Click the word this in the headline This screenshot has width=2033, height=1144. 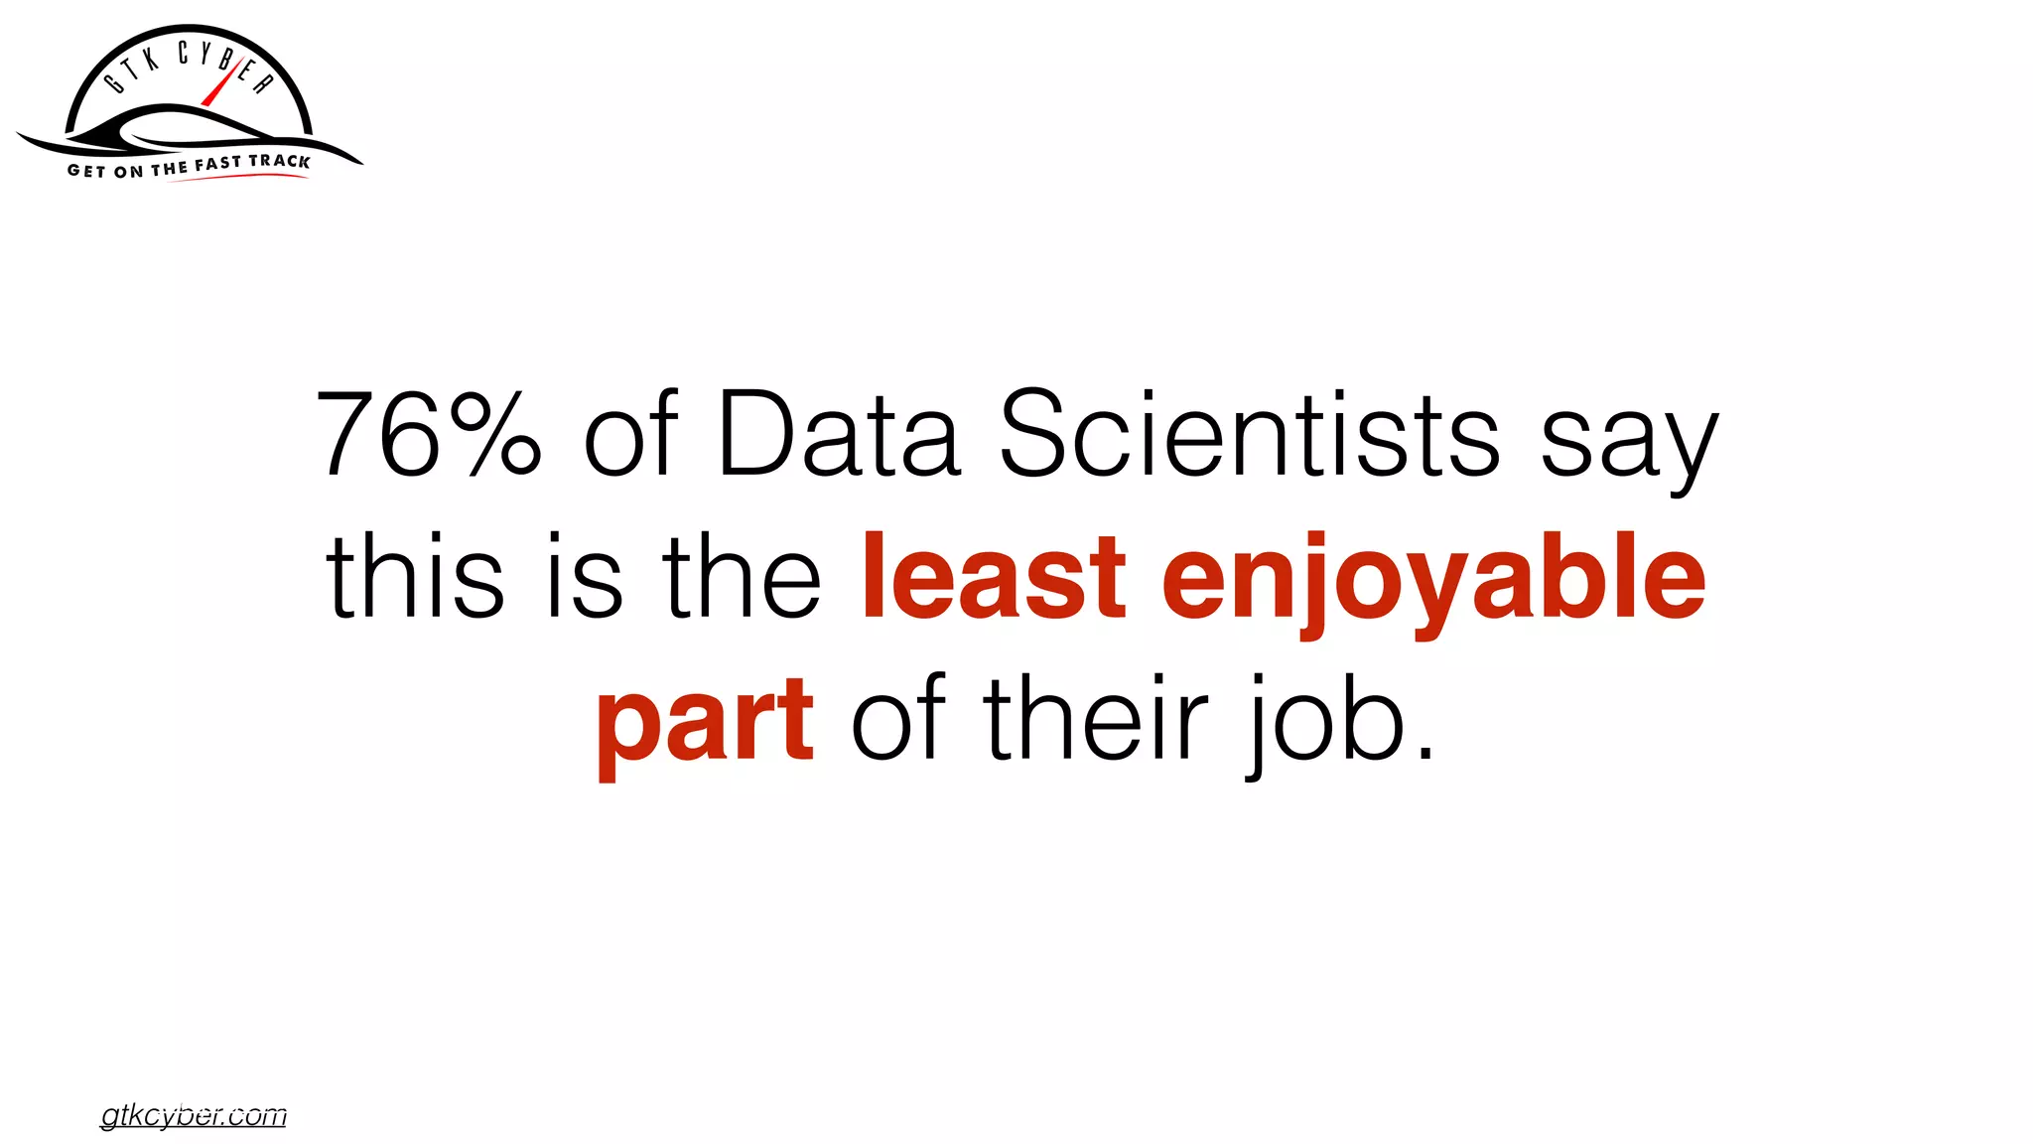tap(415, 576)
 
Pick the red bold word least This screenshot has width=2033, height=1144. tap(994, 576)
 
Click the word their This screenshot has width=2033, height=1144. tap(1096, 717)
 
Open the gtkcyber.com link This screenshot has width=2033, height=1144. tap(194, 1116)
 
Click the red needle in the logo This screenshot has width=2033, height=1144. tap(217, 87)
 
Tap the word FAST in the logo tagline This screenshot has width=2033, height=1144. tap(217, 165)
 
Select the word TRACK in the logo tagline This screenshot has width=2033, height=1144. tap(279, 161)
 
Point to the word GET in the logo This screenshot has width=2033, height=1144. tap(86, 171)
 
